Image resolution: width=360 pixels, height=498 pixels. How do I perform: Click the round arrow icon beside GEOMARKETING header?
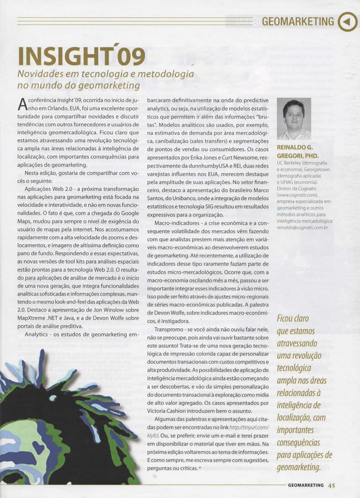[347, 21]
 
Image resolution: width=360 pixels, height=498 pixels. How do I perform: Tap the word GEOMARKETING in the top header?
[298, 21]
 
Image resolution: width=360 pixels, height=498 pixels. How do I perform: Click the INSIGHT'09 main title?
[81, 56]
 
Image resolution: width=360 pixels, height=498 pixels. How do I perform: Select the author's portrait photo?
[294, 119]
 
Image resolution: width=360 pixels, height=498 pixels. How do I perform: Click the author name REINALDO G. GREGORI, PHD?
[295, 151]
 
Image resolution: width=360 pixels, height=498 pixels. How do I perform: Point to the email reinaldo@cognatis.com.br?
[303, 227]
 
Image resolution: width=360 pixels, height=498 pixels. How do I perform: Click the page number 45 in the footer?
[331, 485]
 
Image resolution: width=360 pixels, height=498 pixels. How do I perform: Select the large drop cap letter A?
[21, 103]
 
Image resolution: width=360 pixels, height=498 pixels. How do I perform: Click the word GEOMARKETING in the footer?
[306, 485]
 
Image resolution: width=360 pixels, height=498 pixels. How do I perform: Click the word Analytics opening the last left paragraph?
[36, 335]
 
